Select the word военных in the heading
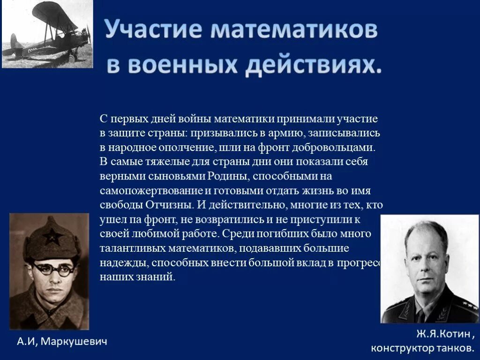click(x=182, y=66)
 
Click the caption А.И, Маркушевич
click(x=62, y=342)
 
